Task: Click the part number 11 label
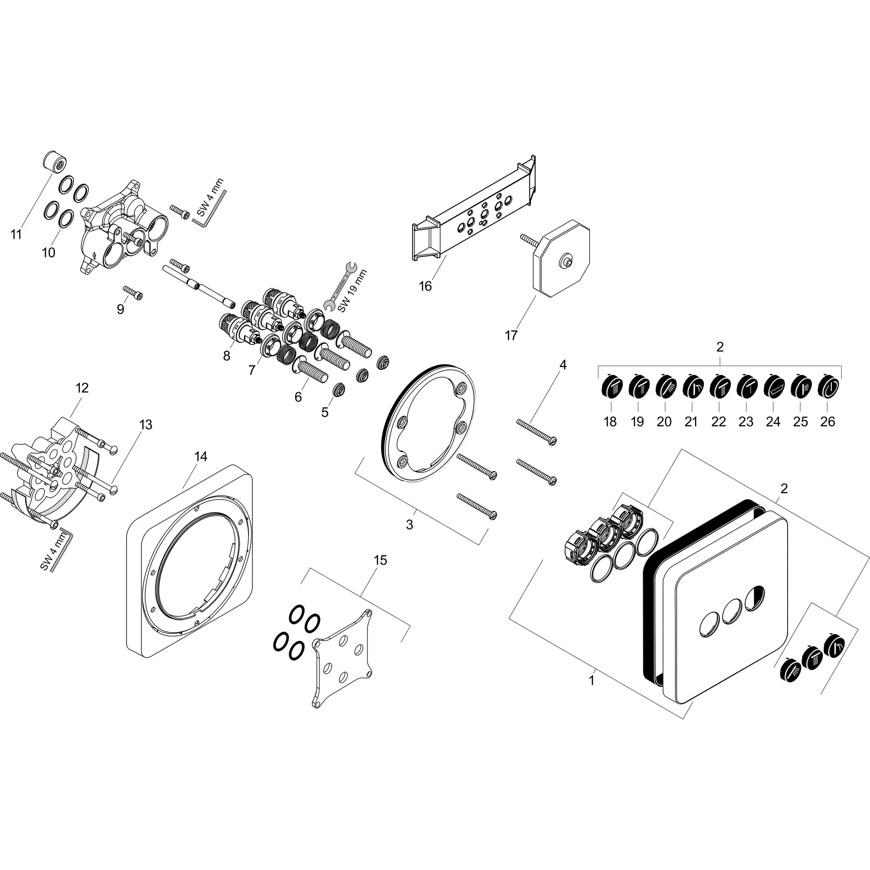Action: pos(16,234)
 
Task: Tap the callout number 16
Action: pos(425,286)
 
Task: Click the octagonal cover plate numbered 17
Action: pos(561,258)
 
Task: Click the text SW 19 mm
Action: pos(353,291)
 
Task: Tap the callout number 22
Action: pos(719,422)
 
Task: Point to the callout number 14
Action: pos(201,457)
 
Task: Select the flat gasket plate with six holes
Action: pos(343,659)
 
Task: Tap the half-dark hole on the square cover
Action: pos(754,599)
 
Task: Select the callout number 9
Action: pos(120,309)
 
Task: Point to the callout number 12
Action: pos(82,388)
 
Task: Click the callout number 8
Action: pos(226,356)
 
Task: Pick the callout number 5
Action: pos(325,412)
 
